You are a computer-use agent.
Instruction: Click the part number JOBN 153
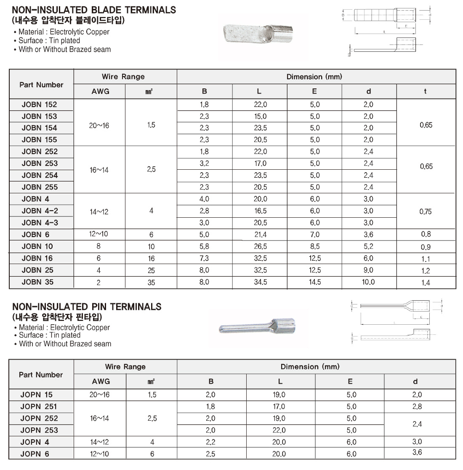(x=39, y=116)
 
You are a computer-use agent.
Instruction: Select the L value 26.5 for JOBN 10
(x=260, y=246)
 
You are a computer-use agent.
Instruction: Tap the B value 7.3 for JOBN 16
(x=204, y=258)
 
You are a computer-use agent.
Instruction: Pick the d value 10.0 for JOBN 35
(x=368, y=282)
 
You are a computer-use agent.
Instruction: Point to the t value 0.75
(x=425, y=211)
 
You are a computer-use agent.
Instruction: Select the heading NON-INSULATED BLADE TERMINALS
(x=94, y=10)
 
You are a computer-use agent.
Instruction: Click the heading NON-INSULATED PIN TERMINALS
(x=87, y=306)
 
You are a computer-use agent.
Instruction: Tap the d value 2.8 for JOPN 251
(x=417, y=406)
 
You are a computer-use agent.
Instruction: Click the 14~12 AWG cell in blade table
(x=99, y=211)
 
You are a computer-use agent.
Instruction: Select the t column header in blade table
(x=425, y=91)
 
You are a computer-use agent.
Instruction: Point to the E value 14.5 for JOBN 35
(x=314, y=282)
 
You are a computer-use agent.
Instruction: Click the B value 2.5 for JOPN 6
(x=210, y=454)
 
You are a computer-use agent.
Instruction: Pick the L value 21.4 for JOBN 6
(x=260, y=235)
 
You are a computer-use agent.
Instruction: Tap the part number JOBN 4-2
(x=40, y=211)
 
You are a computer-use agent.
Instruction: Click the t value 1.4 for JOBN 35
(x=426, y=283)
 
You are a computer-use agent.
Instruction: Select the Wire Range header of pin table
(x=125, y=367)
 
